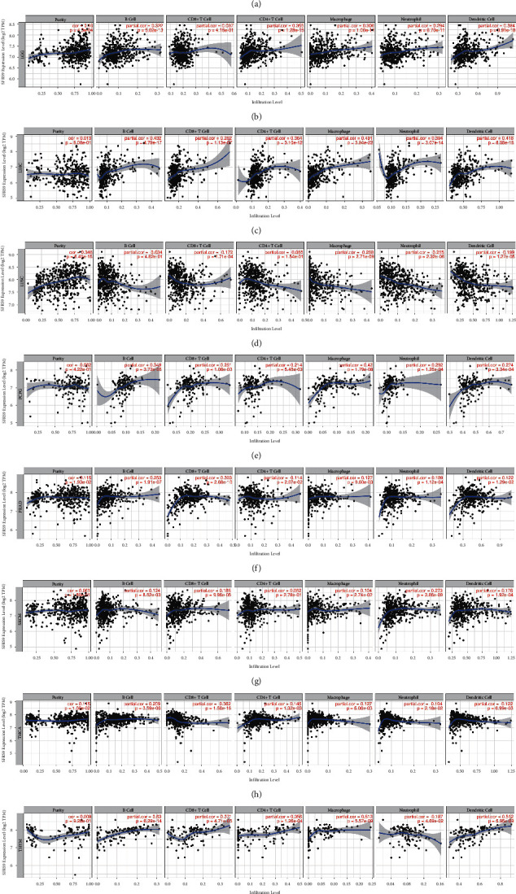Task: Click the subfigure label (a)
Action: [257, 4]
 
